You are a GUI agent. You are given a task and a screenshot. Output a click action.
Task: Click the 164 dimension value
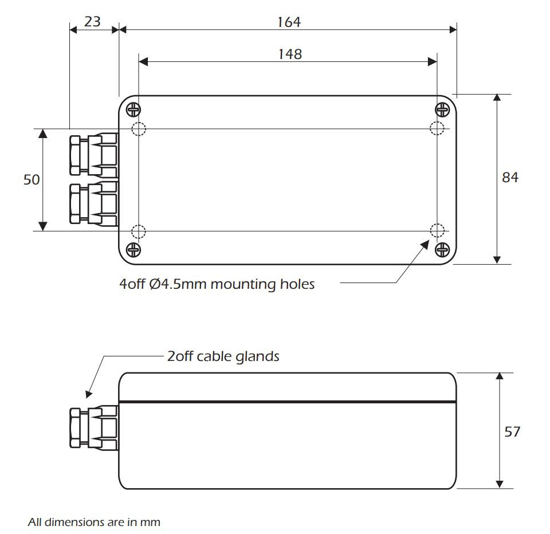coord(289,22)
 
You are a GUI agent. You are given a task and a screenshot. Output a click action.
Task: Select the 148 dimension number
coord(290,54)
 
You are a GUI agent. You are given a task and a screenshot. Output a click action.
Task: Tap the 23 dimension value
coord(93,22)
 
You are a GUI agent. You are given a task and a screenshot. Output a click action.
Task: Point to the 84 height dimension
coord(510,178)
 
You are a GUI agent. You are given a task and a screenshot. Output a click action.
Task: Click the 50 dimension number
coord(32,180)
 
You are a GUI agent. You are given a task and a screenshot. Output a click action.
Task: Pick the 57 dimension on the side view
coord(512,431)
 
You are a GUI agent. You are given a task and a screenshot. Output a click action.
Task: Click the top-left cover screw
coord(133,110)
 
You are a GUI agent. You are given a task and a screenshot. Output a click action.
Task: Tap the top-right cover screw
coord(442,110)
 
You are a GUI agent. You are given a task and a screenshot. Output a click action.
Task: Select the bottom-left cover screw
coord(133,250)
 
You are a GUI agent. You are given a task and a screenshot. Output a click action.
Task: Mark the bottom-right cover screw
coord(442,250)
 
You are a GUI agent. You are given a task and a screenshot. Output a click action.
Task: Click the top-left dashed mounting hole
coord(139,129)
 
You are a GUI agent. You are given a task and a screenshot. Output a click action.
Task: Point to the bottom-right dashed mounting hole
coord(437,230)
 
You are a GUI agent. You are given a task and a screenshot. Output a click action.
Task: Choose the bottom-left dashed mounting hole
coord(139,231)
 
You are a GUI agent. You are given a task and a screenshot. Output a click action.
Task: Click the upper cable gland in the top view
coord(94,155)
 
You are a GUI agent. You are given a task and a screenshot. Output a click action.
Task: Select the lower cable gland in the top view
coord(94,204)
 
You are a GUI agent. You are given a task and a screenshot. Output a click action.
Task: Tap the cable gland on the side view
coord(94,427)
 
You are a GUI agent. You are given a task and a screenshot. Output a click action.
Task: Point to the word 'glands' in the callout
coord(257,357)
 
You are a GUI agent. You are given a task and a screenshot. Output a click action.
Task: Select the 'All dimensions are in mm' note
coord(94,523)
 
